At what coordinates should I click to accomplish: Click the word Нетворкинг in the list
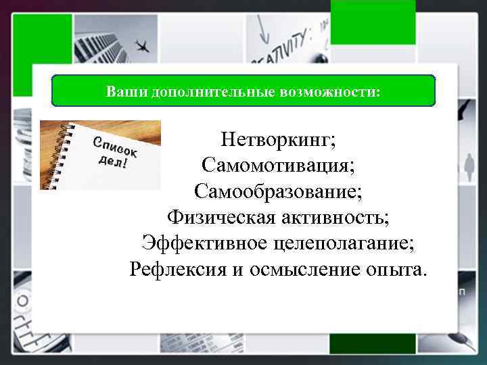point(278,141)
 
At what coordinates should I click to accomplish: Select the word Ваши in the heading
point(120,91)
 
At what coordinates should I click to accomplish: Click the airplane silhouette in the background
point(143,47)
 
